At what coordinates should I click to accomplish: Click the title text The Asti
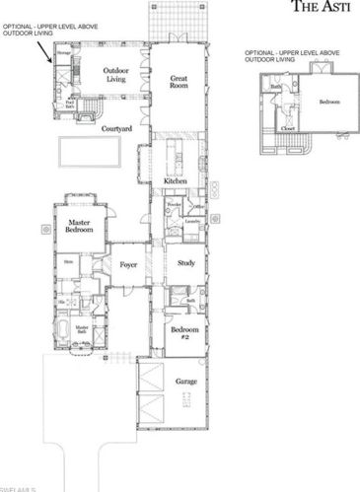(x=325, y=6)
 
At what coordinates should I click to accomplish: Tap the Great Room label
(x=178, y=81)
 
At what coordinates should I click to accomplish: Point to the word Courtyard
(x=118, y=128)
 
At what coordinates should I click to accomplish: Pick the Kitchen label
(x=175, y=182)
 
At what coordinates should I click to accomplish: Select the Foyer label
(x=128, y=264)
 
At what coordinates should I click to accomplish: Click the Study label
(x=185, y=263)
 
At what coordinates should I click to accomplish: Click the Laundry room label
(x=192, y=222)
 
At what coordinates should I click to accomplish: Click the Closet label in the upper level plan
(x=287, y=127)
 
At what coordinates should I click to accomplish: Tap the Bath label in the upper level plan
(x=278, y=87)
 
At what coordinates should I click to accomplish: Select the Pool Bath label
(x=70, y=103)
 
